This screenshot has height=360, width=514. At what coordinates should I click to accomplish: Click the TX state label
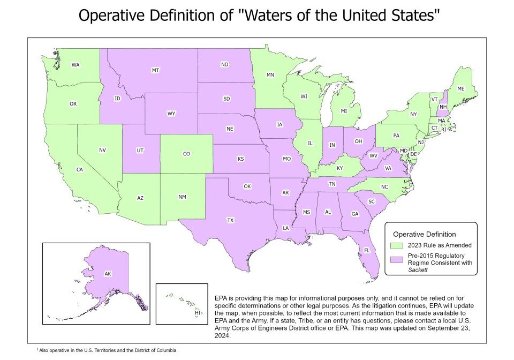tap(230, 220)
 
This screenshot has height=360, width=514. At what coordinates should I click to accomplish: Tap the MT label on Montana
tap(155, 70)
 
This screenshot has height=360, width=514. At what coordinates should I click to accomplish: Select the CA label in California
tap(79, 170)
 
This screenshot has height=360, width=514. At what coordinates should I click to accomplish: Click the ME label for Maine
tap(460, 88)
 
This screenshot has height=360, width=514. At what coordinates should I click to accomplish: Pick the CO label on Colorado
tap(186, 154)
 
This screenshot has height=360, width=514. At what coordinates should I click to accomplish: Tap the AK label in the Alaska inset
tap(108, 274)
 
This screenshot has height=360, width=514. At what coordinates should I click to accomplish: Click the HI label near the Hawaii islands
tap(197, 312)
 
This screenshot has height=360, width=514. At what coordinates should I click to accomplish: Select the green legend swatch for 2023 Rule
tap(396, 245)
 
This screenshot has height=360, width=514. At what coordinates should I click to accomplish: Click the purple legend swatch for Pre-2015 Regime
tap(396, 259)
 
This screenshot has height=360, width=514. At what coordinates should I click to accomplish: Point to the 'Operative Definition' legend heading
tap(425, 234)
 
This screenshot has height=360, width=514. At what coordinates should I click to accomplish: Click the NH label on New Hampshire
tap(443, 107)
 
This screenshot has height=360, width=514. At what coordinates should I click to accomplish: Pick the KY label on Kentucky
tap(339, 168)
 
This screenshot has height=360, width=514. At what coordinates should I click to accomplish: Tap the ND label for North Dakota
tap(225, 65)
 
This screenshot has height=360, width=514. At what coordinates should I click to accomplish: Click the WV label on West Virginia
tap(373, 155)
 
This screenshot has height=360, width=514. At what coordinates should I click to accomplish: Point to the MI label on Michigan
tap(344, 110)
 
